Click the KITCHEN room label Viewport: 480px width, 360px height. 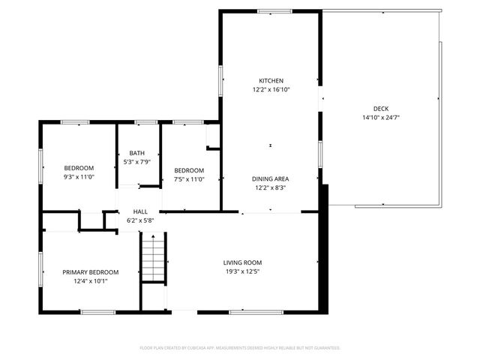pos(271,80)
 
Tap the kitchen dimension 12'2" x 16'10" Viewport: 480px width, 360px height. pos(271,89)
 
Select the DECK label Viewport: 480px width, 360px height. pos(381,108)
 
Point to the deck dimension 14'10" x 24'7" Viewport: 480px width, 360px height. pos(381,117)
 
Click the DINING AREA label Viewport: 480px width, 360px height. pos(271,178)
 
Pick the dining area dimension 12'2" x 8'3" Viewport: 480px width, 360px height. pos(271,187)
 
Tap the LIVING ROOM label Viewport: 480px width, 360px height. pos(242,262)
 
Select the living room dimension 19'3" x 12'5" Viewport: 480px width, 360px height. pos(242,271)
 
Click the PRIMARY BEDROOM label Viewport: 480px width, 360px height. pos(90,272)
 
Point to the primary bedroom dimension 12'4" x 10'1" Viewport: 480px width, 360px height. pos(90,281)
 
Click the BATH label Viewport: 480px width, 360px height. pos(137,152)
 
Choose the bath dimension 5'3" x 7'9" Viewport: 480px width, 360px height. pos(137,161)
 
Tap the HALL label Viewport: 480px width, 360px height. pos(140,212)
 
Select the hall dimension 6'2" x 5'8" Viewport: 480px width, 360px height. pos(140,220)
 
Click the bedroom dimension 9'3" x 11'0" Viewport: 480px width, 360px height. pos(78,176)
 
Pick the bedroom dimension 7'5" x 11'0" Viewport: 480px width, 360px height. pos(189,178)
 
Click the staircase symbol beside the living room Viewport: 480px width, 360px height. pos(153,257)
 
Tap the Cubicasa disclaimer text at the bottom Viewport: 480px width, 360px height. pos(240,348)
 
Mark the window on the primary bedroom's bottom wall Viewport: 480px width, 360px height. pos(98,311)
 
